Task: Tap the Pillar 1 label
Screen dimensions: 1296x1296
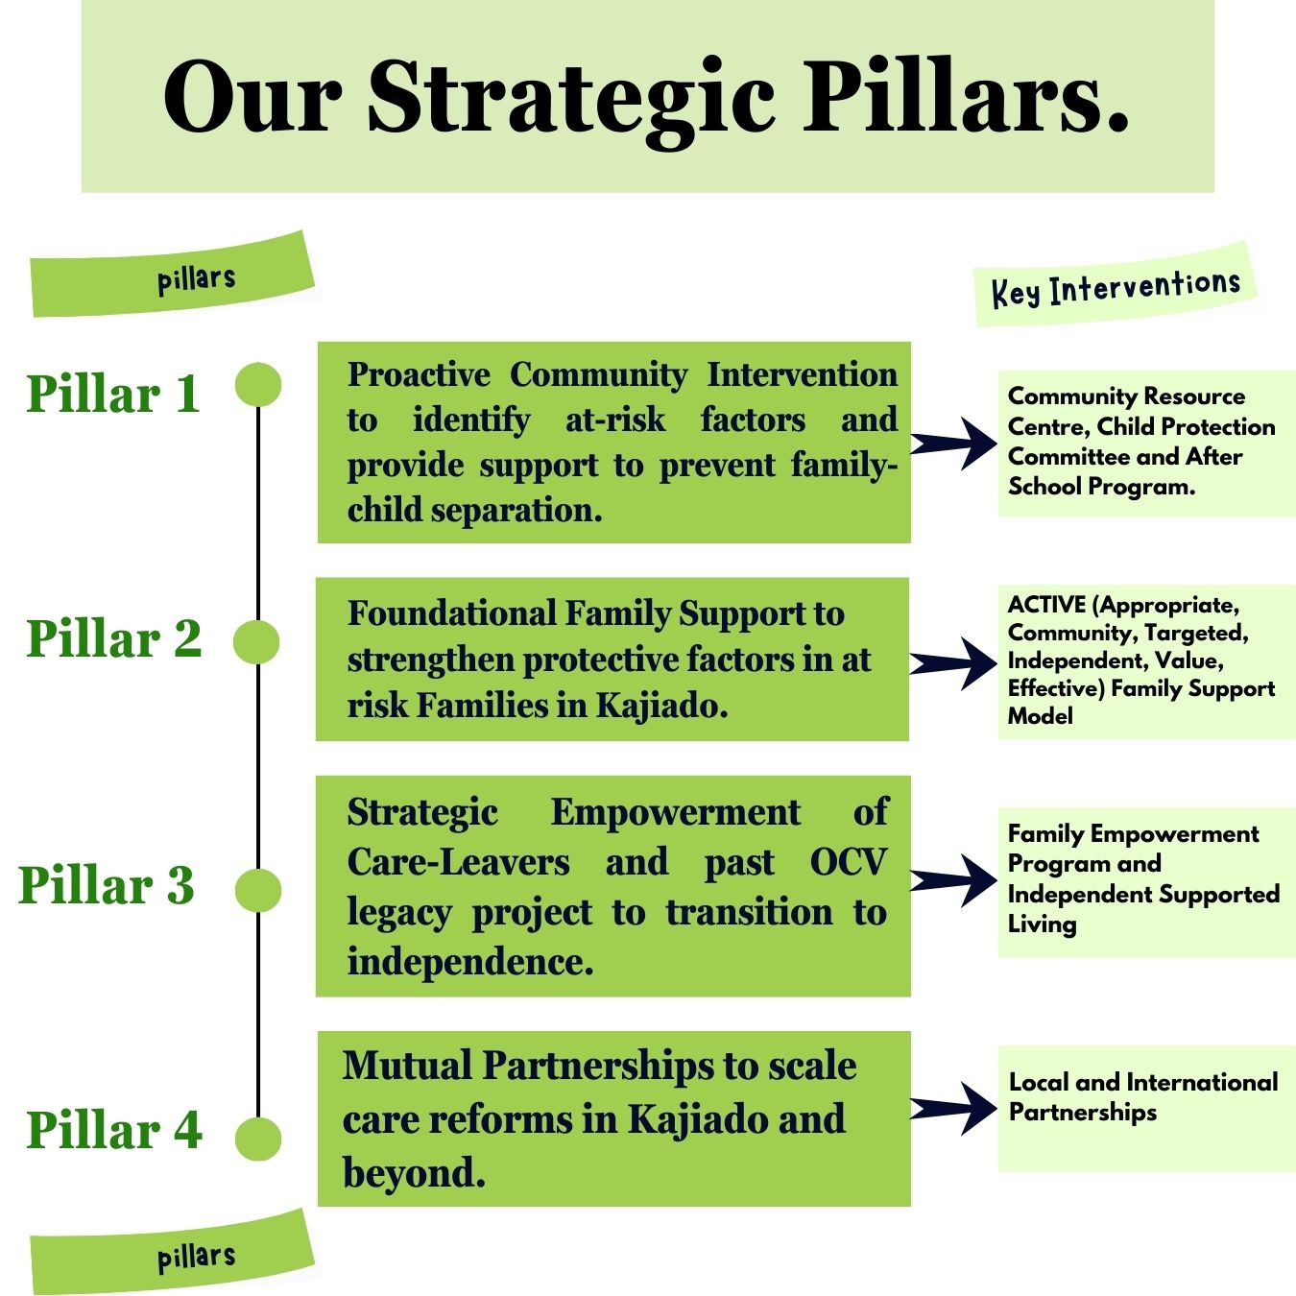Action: click(x=113, y=394)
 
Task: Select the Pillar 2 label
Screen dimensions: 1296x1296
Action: click(x=113, y=638)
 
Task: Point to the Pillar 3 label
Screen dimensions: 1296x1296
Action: click(x=107, y=884)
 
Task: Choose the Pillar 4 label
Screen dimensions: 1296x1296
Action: click(x=113, y=1129)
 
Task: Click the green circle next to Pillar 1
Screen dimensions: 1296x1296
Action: click(x=257, y=385)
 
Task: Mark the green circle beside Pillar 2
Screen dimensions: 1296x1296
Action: click(x=257, y=641)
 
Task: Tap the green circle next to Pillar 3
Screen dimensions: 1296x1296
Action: click(x=257, y=890)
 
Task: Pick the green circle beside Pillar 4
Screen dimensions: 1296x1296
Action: click(x=257, y=1139)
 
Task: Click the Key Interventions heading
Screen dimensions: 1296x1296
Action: click(x=1116, y=287)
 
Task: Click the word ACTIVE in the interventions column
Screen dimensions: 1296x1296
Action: click(x=1046, y=605)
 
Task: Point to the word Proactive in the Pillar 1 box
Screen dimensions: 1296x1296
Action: click(x=419, y=374)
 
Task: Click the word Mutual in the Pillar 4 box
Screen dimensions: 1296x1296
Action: click(x=407, y=1066)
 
